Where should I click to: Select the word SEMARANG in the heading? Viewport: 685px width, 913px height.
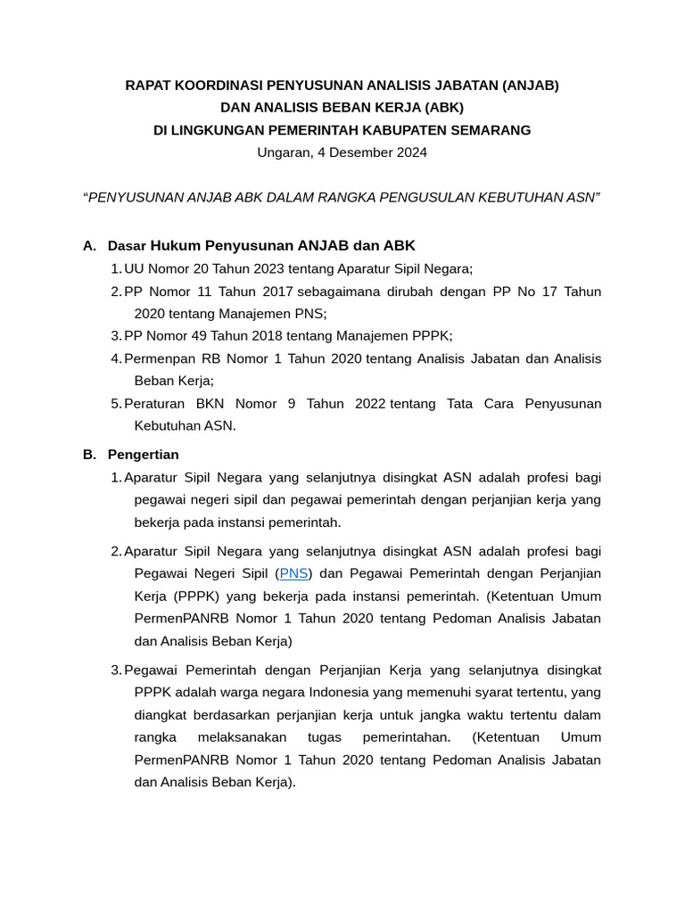(x=490, y=130)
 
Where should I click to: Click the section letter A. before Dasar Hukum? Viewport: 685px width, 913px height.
(x=88, y=245)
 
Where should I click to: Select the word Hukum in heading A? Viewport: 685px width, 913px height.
(x=176, y=245)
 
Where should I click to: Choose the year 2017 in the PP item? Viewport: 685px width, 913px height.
(x=276, y=292)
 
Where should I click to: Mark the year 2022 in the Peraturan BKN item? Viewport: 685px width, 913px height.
(x=370, y=404)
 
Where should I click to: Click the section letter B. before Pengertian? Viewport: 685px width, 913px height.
(x=88, y=455)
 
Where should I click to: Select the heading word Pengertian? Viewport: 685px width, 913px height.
(x=143, y=455)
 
